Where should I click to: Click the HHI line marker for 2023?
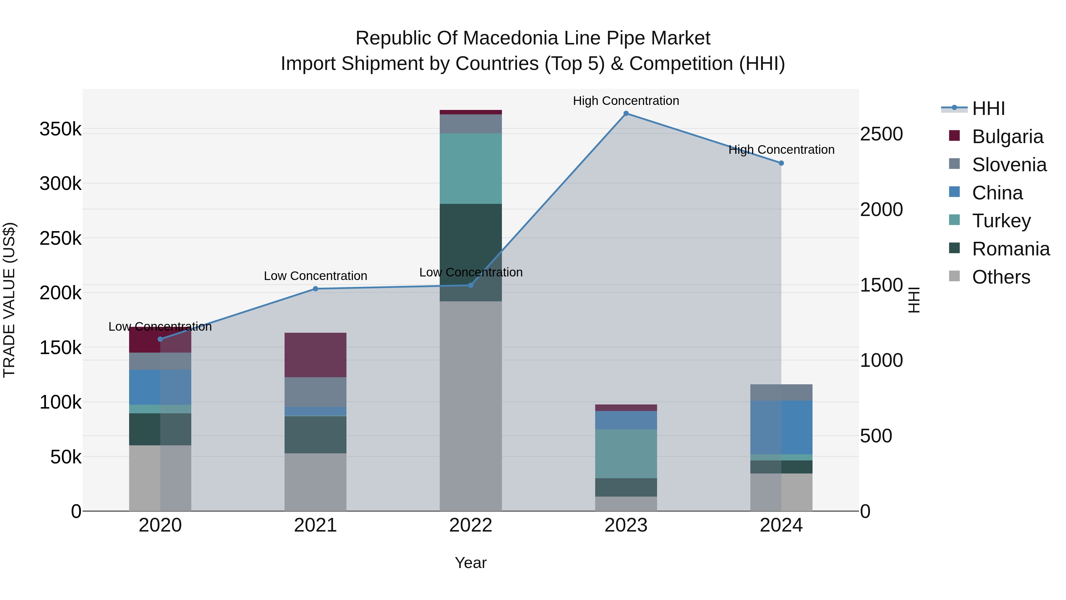[x=626, y=113]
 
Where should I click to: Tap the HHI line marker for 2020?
[x=160, y=339]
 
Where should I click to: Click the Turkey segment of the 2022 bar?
[x=471, y=169]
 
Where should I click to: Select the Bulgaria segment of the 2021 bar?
[x=315, y=355]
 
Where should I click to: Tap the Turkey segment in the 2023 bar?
[x=626, y=454]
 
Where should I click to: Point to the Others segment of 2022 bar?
[x=471, y=406]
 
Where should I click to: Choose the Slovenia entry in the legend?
[x=1009, y=165]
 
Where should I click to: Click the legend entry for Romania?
[x=1011, y=249]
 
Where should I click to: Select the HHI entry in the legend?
[x=988, y=108]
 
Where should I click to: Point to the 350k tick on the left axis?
[x=60, y=129]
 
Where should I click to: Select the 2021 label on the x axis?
[x=315, y=525]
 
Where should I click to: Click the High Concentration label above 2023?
[x=626, y=101]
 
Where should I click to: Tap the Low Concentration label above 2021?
[x=315, y=276]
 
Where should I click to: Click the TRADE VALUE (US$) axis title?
[x=9, y=300]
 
